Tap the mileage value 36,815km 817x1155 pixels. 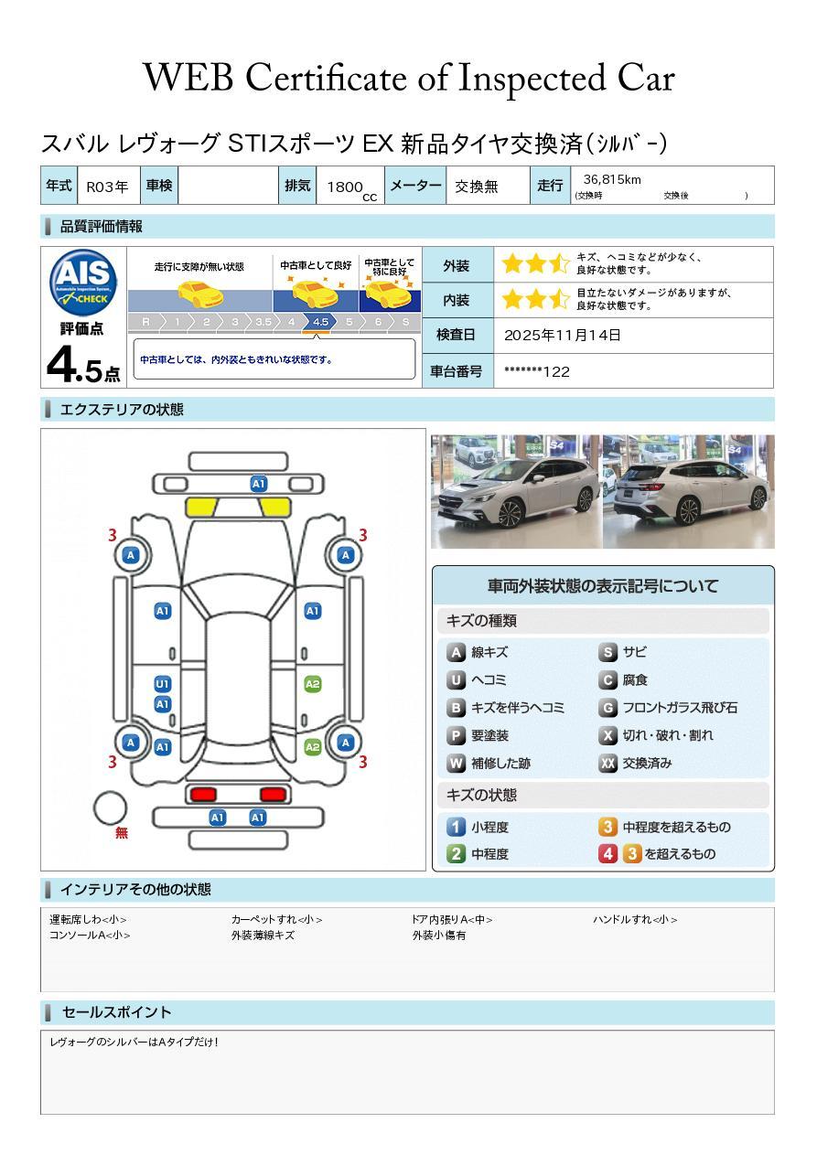click(612, 179)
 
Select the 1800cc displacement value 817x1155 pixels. click(347, 187)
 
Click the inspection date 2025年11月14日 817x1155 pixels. click(563, 336)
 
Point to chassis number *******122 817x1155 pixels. click(537, 371)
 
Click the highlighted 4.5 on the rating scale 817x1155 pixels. click(320, 322)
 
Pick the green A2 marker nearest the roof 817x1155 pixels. click(312, 684)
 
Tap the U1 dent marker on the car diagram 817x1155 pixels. click(162, 684)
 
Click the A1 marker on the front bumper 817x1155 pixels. click(259, 484)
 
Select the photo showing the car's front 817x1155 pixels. click(516, 492)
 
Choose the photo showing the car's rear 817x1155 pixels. click(688, 492)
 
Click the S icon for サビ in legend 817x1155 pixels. click(607, 653)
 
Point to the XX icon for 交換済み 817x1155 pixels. click(607, 764)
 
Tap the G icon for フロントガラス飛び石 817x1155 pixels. click(607, 708)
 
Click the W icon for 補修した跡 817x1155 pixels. click(456, 764)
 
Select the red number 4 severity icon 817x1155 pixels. click(607, 854)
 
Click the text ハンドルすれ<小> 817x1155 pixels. click(634, 920)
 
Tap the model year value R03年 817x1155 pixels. click(107, 187)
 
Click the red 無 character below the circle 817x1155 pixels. click(122, 833)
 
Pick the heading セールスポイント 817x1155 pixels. click(116, 1012)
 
